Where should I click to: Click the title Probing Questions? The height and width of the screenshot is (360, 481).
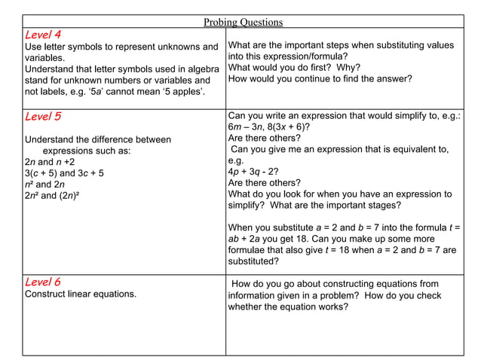[x=243, y=22]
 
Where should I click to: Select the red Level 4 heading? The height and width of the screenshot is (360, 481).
[x=43, y=35]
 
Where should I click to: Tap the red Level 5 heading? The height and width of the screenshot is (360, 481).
[x=43, y=117]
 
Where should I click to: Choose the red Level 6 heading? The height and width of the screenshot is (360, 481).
[x=43, y=282]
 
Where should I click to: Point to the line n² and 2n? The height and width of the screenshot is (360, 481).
[x=45, y=185]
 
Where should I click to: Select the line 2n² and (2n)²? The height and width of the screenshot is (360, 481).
[x=52, y=196]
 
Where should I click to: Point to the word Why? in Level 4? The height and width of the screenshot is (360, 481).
[x=348, y=67]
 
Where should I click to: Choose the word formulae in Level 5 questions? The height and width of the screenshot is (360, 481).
[x=248, y=250]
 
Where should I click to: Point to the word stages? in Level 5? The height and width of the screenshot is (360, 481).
[x=384, y=205]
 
